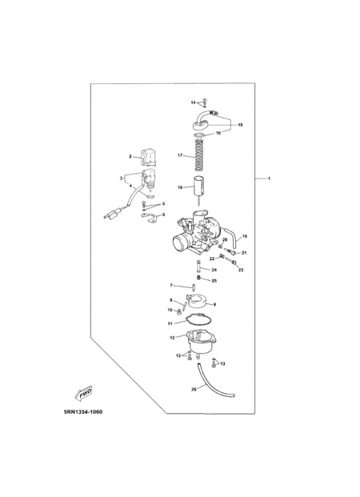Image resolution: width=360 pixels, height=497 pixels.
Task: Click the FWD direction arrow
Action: point(83,393)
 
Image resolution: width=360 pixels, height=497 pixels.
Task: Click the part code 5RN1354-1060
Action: point(83,412)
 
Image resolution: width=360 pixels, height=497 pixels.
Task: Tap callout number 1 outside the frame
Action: point(269,178)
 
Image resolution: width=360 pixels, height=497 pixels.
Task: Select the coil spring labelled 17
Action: point(198,154)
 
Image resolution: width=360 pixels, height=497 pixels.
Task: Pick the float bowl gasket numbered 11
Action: point(198,319)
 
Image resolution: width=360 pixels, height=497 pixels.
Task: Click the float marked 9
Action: point(198,301)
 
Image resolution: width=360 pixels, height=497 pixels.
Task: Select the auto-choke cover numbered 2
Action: point(148,157)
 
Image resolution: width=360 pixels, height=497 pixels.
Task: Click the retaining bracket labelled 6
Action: point(150,218)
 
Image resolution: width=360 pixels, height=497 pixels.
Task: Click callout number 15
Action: point(240,125)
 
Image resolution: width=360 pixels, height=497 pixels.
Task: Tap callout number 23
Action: point(241,270)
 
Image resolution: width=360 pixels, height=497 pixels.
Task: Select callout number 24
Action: point(214,270)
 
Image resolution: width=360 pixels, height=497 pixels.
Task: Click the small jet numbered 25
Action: point(198,278)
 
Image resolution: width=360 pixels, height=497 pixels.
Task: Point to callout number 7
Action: point(171,285)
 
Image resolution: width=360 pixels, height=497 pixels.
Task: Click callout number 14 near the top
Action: point(194,102)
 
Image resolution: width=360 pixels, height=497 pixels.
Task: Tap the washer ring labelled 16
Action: point(199,136)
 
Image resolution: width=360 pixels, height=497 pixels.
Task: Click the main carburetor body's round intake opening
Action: point(179,242)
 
